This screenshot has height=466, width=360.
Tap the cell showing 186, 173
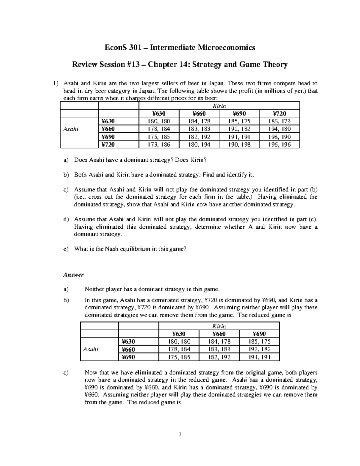tap(279, 121)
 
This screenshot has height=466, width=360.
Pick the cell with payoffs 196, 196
tap(279, 145)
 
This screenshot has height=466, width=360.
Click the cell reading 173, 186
tap(159, 145)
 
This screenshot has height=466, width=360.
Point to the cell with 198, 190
tap(279, 137)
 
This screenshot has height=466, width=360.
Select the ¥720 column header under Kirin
tap(279, 113)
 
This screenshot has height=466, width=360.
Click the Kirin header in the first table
tap(219, 106)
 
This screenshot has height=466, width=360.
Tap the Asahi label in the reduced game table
tap(91, 349)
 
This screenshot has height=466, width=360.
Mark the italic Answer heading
tap(73, 275)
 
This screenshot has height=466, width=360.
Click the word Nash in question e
tap(111, 249)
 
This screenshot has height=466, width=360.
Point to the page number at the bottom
tap(180, 434)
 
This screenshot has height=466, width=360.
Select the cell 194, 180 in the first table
tap(279, 129)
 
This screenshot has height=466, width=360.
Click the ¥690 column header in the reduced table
tap(259, 334)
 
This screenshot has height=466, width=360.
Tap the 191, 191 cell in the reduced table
tap(259, 357)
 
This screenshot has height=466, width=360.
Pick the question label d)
tap(66, 219)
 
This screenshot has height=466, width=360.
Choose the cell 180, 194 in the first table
tap(199, 145)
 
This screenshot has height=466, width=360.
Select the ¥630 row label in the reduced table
tap(128, 341)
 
